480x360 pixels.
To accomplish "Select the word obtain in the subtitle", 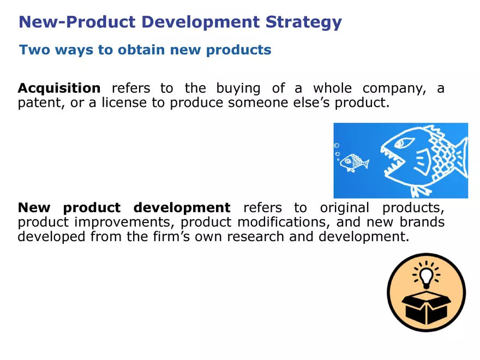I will coord(139,50).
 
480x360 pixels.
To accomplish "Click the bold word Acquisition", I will coord(59,88).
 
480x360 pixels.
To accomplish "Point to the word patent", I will coord(38,103).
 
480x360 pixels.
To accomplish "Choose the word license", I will coord(124,103).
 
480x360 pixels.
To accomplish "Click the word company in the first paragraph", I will coord(392,88).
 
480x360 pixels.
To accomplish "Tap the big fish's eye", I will coord(404,143).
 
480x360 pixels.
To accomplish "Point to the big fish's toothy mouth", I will coord(394,164).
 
